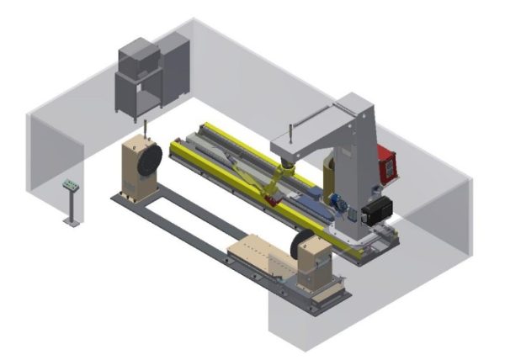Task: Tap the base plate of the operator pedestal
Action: (72, 223)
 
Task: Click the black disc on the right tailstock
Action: (296, 247)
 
